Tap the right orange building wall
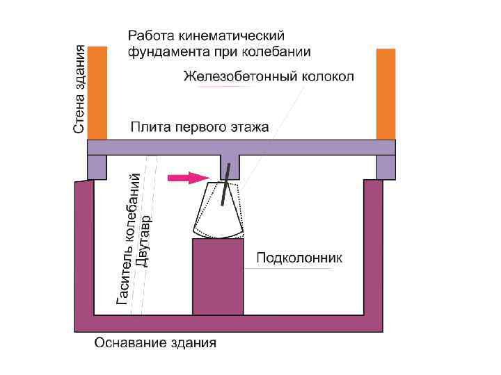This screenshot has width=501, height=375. (x=385, y=93)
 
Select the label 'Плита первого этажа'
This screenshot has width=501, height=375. (x=200, y=128)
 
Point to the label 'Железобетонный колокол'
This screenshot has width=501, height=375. (x=268, y=76)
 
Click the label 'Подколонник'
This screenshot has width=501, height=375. (x=300, y=258)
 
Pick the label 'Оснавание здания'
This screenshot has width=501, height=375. (x=155, y=343)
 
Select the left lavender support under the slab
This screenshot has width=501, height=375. (x=97, y=167)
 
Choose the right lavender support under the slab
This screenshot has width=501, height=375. (x=386, y=167)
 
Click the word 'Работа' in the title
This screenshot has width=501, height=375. (x=149, y=35)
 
